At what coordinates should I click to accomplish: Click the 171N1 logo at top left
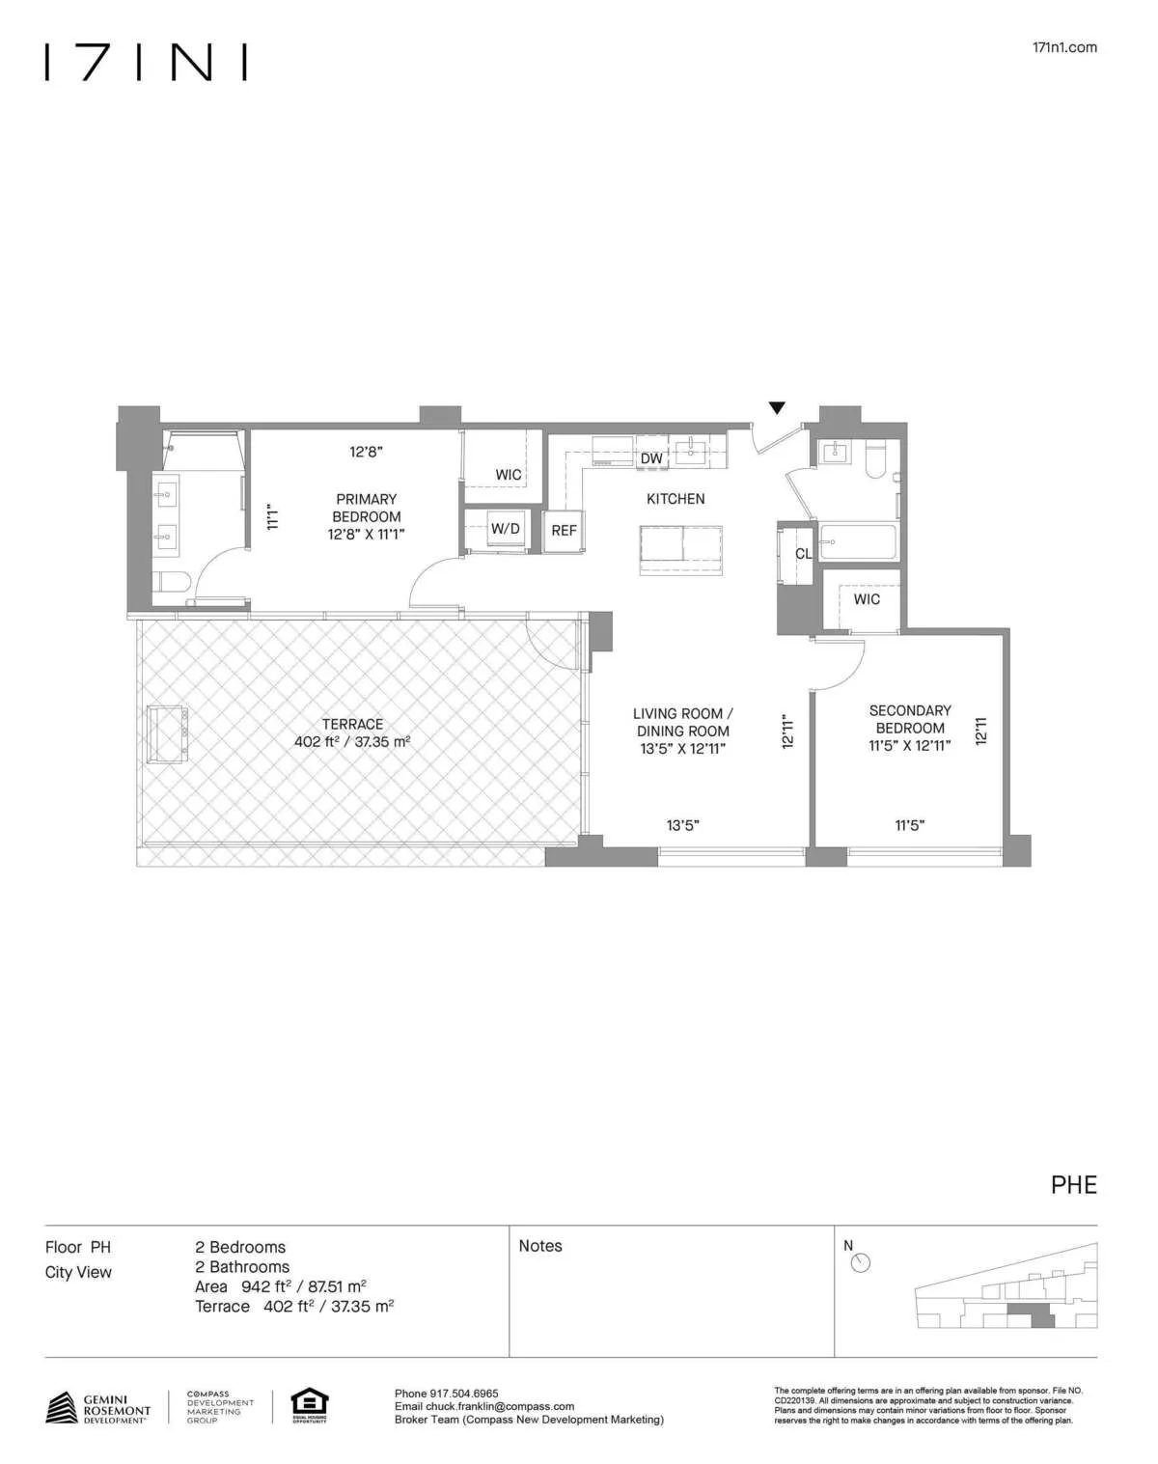point(146,62)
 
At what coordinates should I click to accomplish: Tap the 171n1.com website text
point(1064,47)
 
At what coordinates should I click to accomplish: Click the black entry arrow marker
point(777,408)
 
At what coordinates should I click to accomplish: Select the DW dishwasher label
point(651,457)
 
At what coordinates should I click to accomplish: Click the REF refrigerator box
point(564,530)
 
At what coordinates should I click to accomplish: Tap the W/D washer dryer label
point(505,529)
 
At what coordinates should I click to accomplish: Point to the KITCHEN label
point(675,499)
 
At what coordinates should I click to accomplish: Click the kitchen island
point(681,551)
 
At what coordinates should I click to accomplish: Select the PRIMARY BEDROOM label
point(366,508)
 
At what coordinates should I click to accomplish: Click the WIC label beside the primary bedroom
point(509,475)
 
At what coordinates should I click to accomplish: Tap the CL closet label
point(803,554)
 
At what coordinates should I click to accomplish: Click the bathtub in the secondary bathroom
point(859,542)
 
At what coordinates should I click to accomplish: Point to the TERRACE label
point(352,724)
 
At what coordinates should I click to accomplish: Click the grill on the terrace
point(167,733)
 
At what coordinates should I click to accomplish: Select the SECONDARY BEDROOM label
point(910,719)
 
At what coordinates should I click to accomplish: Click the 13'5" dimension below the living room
point(682,825)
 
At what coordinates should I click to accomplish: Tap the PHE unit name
point(1073,1185)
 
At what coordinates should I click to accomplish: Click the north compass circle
point(861,1263)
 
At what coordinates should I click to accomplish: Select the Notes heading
point(540,1246)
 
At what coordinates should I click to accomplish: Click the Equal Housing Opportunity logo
point(309,1405)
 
